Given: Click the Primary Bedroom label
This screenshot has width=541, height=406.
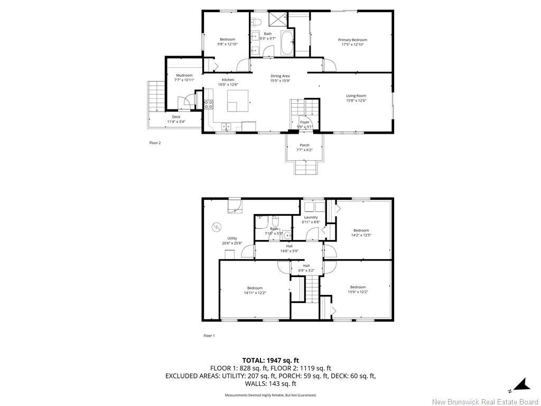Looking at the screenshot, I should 352,40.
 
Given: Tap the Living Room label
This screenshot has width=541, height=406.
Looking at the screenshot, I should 356,96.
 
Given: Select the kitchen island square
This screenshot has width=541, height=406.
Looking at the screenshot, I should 238,100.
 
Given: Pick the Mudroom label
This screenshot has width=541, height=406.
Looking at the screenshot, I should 184,76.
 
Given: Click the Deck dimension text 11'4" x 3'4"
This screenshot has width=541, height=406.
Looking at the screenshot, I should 176,122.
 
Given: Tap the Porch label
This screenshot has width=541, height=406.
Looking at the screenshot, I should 304,145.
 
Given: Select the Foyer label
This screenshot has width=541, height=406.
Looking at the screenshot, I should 305,122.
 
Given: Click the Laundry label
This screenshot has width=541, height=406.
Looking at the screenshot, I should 311,217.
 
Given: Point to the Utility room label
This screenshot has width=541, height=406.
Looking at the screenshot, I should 232,238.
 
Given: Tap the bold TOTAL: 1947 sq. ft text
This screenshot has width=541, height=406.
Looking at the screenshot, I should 270,361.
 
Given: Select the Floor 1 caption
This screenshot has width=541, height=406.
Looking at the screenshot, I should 209,336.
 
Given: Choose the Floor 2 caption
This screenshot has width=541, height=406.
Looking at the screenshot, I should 155,143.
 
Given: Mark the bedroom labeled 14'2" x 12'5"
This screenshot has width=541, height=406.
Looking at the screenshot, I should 361,233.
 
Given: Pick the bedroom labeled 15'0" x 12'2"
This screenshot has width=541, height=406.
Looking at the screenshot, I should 358,290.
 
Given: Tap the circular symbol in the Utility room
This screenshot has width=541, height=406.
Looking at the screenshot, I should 216,227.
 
